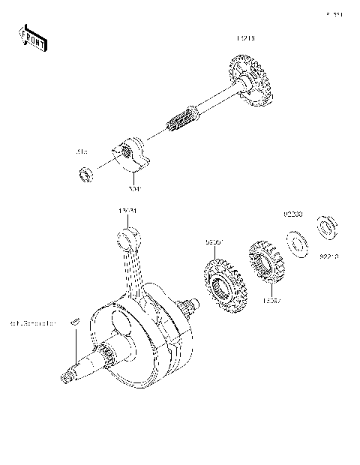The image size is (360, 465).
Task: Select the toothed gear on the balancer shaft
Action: tap(249, 82)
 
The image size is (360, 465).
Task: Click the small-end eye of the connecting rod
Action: tap(127, 240)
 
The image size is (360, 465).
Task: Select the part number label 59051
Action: tap(214, 242)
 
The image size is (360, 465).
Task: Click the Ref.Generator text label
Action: tap(34, 324)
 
